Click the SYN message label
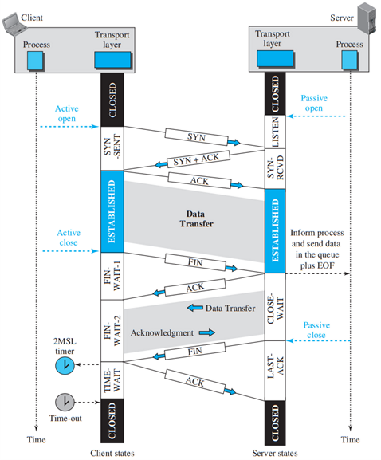coord(195,136)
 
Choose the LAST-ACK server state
coord(274,363)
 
